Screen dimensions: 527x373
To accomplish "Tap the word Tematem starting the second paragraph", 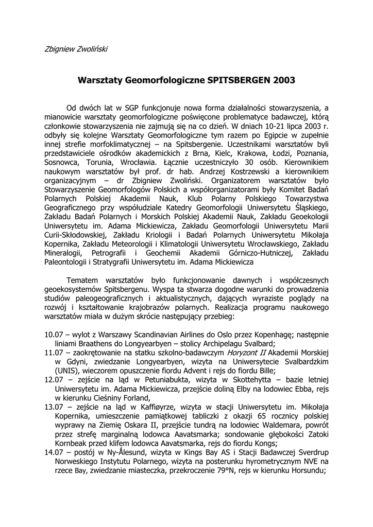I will coord(84,280).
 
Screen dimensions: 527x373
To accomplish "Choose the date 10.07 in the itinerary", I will coord(55,335).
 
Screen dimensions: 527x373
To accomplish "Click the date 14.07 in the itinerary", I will coord(55,452).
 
